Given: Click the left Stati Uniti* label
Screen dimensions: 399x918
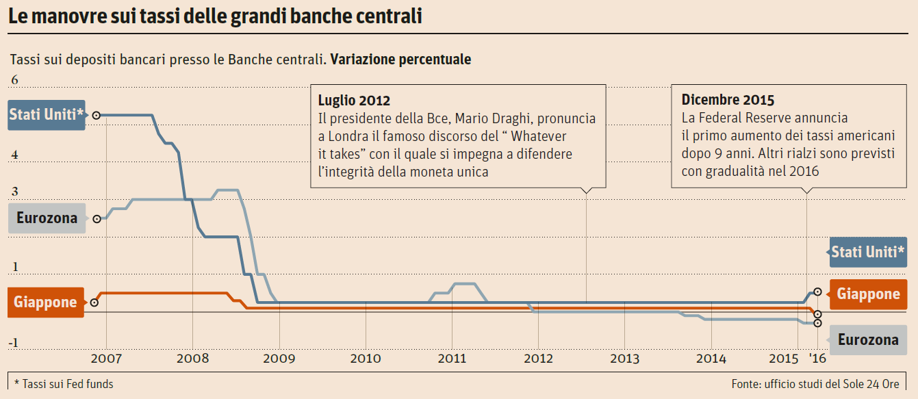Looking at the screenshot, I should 47,115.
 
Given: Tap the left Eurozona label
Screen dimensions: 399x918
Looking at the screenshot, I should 47,218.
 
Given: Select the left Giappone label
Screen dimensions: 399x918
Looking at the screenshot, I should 45,302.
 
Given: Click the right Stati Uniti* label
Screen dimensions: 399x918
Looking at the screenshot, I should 868,252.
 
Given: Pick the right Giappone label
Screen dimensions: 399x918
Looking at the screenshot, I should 868,294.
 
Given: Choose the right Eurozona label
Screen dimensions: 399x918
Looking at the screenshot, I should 868,340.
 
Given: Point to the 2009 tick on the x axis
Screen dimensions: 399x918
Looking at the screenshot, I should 279,358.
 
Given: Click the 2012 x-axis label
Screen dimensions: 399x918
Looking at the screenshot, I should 538,358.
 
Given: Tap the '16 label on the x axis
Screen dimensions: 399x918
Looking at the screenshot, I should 817,358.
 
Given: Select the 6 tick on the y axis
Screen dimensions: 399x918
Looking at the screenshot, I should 14,81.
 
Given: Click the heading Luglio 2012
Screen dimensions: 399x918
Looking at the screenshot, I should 354,101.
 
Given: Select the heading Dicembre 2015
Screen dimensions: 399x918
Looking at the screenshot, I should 728,100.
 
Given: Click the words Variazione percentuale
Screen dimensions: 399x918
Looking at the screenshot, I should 400,60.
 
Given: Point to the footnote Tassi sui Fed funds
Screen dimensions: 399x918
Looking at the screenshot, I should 64,384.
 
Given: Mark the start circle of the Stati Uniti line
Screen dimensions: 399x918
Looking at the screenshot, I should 97,115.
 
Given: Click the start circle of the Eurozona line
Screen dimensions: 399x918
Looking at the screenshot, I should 97,218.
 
